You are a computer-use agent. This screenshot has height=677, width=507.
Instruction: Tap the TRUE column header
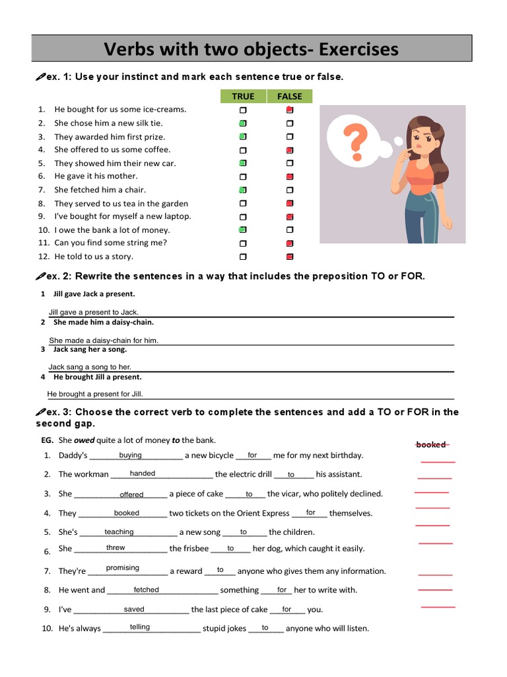tap(243, 97)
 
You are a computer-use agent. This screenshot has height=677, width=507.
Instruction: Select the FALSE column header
tap(289, 97)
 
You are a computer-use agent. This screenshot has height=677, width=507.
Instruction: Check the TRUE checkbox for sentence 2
tap(243, 124)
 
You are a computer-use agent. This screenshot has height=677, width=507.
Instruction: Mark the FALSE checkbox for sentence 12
tap(289, 257)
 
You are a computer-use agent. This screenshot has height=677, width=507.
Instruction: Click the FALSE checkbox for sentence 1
tap(289, 110)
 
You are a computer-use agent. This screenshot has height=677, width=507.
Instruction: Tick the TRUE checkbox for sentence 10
tap(243, 230)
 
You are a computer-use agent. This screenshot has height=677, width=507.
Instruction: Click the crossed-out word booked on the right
tap(431, 444)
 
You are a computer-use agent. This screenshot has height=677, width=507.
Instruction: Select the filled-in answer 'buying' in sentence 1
tap(130, 455)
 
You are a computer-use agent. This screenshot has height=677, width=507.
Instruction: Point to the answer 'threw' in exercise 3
tap(116, 547)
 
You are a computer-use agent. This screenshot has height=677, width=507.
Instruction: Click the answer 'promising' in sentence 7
tap(123, 568)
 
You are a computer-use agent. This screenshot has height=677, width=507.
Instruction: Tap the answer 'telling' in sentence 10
tap(140, 627)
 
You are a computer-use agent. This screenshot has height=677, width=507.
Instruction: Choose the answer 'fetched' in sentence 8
tap(146, 590)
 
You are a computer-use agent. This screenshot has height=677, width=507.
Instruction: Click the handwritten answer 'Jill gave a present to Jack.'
tap(94, 312)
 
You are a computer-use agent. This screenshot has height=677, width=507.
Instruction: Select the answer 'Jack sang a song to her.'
tap(90, 367)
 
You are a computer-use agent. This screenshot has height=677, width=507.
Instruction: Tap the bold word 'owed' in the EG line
tap(84, 440)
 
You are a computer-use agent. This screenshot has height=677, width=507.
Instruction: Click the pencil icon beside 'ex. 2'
tap(40, 276)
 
